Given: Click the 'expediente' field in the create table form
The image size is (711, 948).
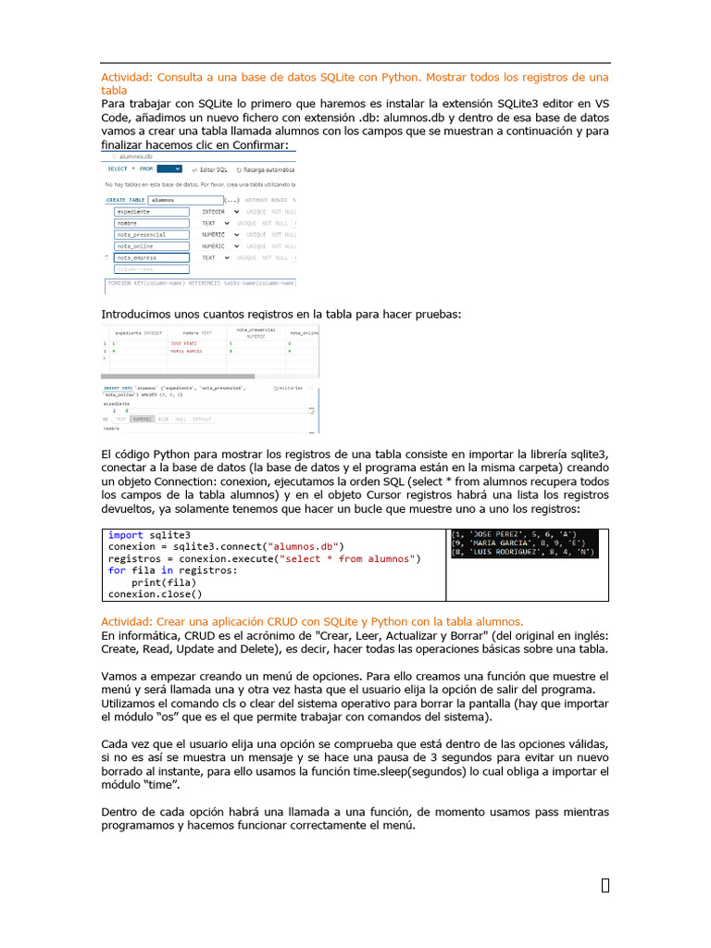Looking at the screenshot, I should pyautogui.click(x=151, y=212).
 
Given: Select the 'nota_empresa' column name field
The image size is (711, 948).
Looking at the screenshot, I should pyautogui.click(x=151, y=257).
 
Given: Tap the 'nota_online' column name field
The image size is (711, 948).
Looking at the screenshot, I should pyautogui.click(x=151, y=246).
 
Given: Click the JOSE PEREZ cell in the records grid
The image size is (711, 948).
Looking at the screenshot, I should pyautogui.click(x=184, y=343).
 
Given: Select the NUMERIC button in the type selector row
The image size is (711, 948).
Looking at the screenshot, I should pyautogui.click(x=142, y=419).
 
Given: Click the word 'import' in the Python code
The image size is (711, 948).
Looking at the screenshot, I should pyautogui.click(x=125, y=535).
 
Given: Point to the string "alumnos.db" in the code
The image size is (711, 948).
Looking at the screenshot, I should pyautogui.click(x=306, y=547).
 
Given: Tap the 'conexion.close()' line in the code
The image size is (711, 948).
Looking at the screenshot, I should pyautogui.click(x=155, y=595).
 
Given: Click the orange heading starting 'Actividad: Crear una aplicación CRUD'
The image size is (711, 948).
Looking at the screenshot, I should pyautogui.click(x=312, y=622).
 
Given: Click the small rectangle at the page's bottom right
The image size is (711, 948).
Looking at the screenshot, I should pyautogui.click(x=605, y=886).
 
